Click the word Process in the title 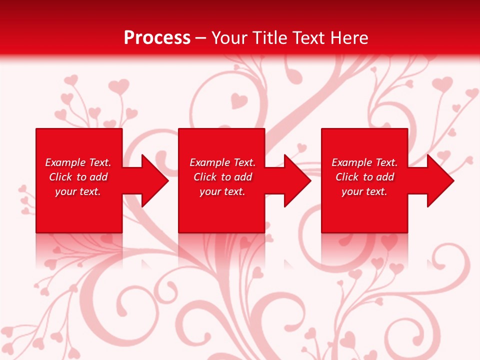coord(157,37)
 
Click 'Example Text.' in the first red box coord(78,162)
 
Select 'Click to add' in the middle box coord(222,177)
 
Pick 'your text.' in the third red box coord(364,191)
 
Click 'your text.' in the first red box coord(78,191)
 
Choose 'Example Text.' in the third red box coord(364,162)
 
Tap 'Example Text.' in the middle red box coord(222,162)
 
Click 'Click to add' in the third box coord(364,177)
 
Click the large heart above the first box coord(118,86)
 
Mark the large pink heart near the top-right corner coord(442,83)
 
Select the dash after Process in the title coord(200,38)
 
